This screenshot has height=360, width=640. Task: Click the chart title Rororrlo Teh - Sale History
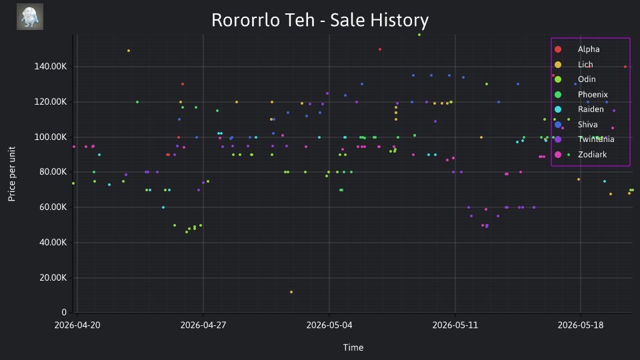tap(320, 20)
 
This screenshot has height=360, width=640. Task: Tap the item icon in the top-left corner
tap(30, 17)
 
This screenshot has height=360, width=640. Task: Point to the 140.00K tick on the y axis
tap(50, 67)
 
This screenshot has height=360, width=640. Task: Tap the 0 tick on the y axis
tap(64, 313)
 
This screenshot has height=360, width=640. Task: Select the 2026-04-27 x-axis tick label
tap(203, 325)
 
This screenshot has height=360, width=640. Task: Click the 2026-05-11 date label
tap(455, 325)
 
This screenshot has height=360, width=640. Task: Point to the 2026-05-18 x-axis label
tap(581, 325)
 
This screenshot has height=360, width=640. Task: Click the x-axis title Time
tap(353, 347)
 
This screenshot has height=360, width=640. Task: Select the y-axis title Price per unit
tap(11, 174)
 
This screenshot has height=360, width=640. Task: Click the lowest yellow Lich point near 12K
tap(291, 292)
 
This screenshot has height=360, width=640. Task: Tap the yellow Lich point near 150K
tap(129, 51)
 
